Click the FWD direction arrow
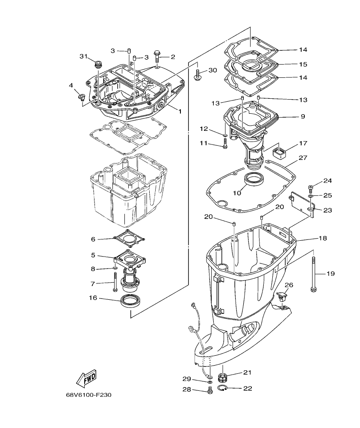pyautogui.click(x=86, y=378)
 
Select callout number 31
pyautogui.click(x=83, y=56)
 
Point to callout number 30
pyautogui.click(x=213, y=71)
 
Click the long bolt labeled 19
pyautogui.click(x=313, y=274)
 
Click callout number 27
pyautogui.click(x=303, y=158)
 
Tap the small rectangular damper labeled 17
pyautogui.click(x=279, y=152)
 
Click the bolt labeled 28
pyautogui.click(x=210, y=390)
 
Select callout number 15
pyautogui.click(x=303, y=64)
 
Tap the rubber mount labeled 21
pyautogui.click(x=222, y=377)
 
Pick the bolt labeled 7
pyautogui.click(x=115, y=283)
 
